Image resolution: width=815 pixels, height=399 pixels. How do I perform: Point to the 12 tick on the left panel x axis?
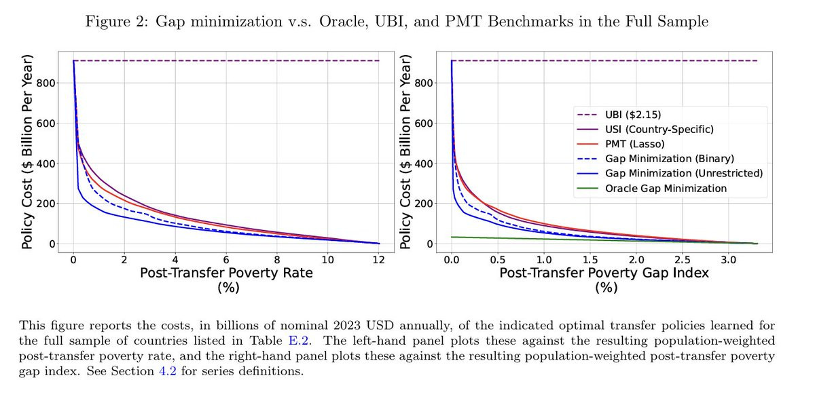click(x=379, y=259)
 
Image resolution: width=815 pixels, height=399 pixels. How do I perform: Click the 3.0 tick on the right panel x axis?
click(x=728, y=259)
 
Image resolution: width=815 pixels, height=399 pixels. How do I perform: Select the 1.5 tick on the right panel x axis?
click(x=590, y=259)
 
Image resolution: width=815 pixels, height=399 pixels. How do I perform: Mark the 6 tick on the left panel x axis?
click(x=226, y=259)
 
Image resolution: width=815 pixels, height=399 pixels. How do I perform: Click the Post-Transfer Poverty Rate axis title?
click(x=226, y=273)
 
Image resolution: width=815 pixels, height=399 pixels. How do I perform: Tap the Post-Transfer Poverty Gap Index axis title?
click(x=604, y=273)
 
